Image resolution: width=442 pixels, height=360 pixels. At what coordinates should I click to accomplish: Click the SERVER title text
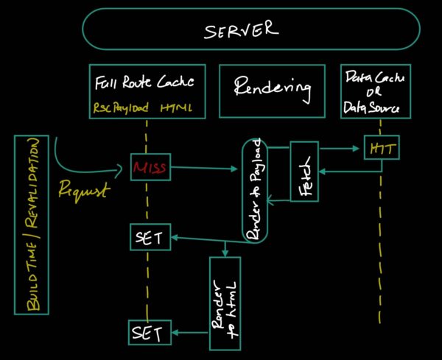[242, 30]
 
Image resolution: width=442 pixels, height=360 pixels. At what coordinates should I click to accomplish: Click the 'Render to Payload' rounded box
[254, 190]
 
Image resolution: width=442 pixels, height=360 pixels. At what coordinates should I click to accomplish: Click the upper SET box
[150, 237]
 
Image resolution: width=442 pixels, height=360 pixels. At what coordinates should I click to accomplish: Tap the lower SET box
[150, 333]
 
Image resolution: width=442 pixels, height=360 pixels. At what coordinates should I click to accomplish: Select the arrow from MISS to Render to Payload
[206, 169]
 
